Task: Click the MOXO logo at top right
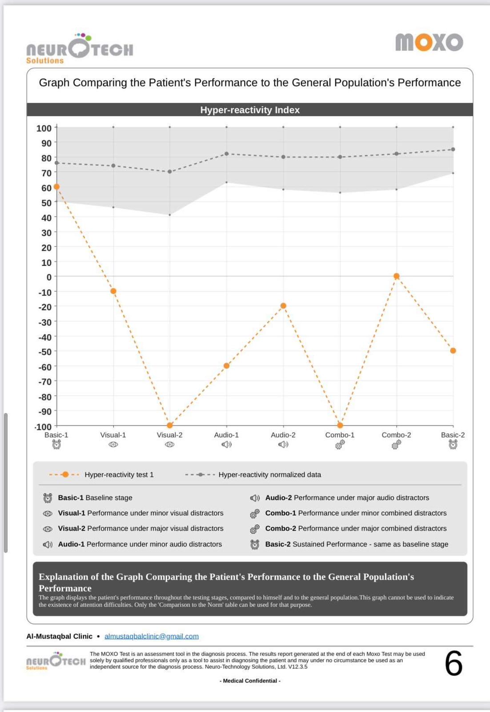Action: (x=429, y=42)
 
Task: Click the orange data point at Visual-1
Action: (x=113, y=291)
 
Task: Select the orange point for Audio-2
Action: (x=283, y=306)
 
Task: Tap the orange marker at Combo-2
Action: (x=397, y=276)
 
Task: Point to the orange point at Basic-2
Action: (x=453, y=351)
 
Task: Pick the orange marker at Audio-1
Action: (x=226, y=366)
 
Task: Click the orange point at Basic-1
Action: (x=56, y=186)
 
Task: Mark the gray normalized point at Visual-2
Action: (x=170, y=172)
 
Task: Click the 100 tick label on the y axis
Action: (x=44, y=128)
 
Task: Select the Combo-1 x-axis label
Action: (x=340, y=435)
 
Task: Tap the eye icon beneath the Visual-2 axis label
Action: (x=170, y=445)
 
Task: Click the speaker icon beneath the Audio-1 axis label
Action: (x=226, y=445)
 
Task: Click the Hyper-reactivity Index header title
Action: (x=250, y=110)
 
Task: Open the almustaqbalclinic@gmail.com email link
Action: (x=152, y=636)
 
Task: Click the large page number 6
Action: (x=454, y=663)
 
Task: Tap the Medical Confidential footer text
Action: (x=250, y=681)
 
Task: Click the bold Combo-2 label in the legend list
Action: (x=281, y=528)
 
